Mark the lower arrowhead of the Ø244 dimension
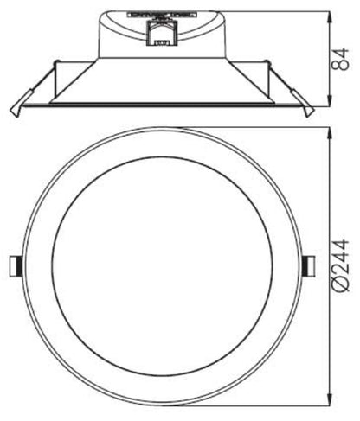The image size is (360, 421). (331, 402)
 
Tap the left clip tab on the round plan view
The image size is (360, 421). (15, 267)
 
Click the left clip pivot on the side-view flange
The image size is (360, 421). (57, 62)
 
